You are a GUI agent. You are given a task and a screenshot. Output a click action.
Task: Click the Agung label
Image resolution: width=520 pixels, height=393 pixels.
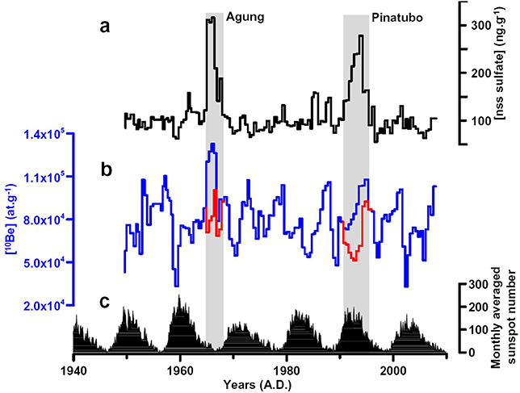(245, 16)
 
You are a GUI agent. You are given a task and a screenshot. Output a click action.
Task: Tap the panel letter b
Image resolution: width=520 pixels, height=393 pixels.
(105, 169)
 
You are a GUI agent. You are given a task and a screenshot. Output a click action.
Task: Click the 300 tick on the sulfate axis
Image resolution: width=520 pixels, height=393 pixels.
(481, 26)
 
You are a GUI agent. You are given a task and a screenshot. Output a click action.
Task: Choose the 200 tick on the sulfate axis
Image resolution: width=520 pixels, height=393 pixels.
(481, 73)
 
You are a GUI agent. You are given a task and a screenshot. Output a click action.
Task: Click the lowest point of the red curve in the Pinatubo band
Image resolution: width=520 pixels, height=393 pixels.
(355, 259)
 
